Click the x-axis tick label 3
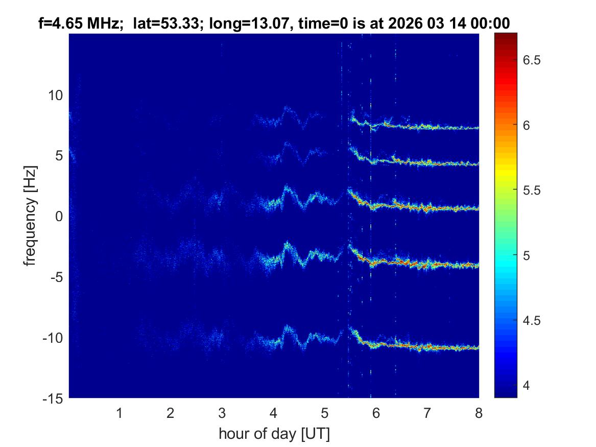coord(222,413)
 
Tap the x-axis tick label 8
coord(479,413)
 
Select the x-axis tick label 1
coord(119,413)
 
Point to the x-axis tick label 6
coord(376,413)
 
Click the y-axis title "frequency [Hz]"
coord(32,216)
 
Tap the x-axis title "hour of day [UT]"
coord(274,434)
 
